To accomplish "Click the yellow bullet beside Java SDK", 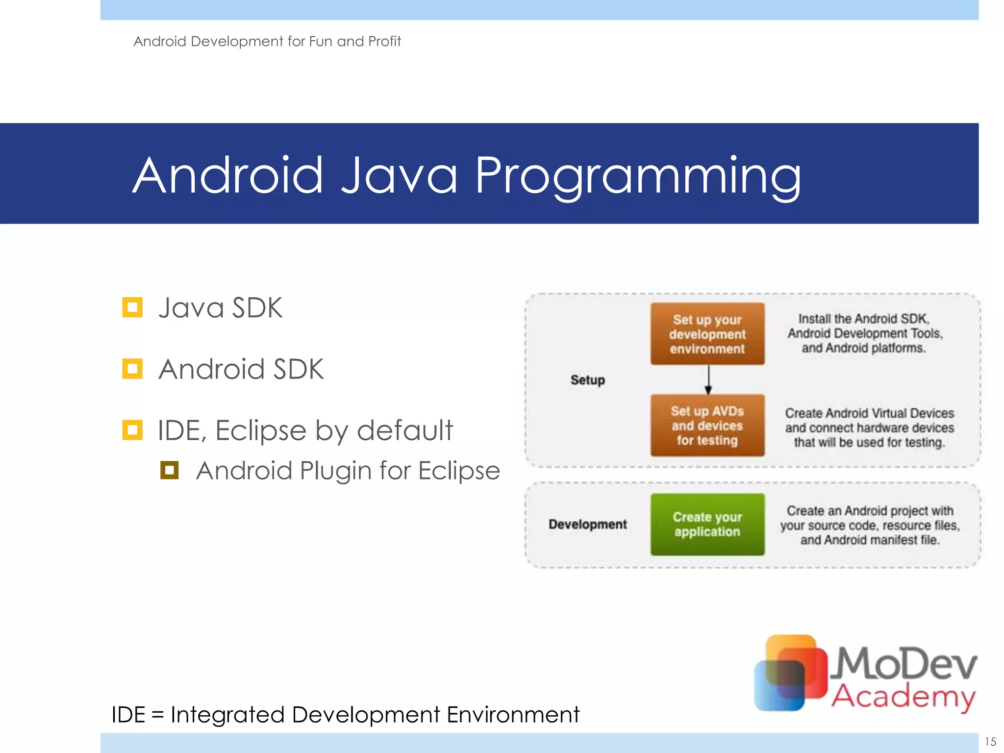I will (x=132, y=307).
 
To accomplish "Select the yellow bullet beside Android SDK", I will (x=132, y=369).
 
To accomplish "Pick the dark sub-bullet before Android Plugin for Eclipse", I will (x=169, y=470).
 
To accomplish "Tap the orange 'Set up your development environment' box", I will (x=707, y=334).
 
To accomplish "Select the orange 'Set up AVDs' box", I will (x=707, y=426).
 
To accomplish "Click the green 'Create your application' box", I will (x=707, y=524).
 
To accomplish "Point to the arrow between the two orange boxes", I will (x=708, y=380).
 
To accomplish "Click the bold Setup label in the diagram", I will (x=587, y=380).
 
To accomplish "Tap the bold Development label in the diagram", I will (x=587, y=524).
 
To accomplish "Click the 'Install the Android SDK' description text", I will (x=865, y=333).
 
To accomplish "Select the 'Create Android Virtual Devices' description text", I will (x=869, y=427).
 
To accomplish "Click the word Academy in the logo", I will (x=903, y=696).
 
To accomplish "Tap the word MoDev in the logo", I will (x=905, y=663).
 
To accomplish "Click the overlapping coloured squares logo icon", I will (x=790, y=673).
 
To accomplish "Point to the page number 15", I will (x=990, y=741).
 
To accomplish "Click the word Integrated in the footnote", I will (x=228, y=715).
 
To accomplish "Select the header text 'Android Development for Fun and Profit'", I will (x=267, y=41).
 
